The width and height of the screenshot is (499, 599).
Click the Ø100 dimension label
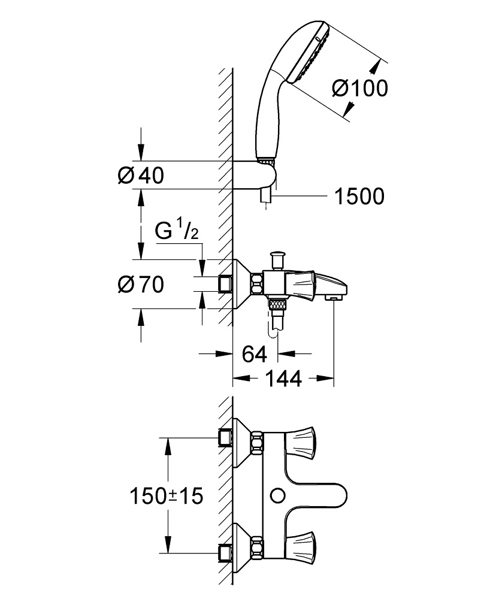(359, 88)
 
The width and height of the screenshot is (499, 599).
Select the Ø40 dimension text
(141, 176)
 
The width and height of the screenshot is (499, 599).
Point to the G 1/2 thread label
(177, 232)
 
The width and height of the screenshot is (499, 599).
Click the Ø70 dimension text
(141, 285)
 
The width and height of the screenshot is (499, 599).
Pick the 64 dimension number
(254, 354)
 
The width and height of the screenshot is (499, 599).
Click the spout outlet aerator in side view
(331, 297)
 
